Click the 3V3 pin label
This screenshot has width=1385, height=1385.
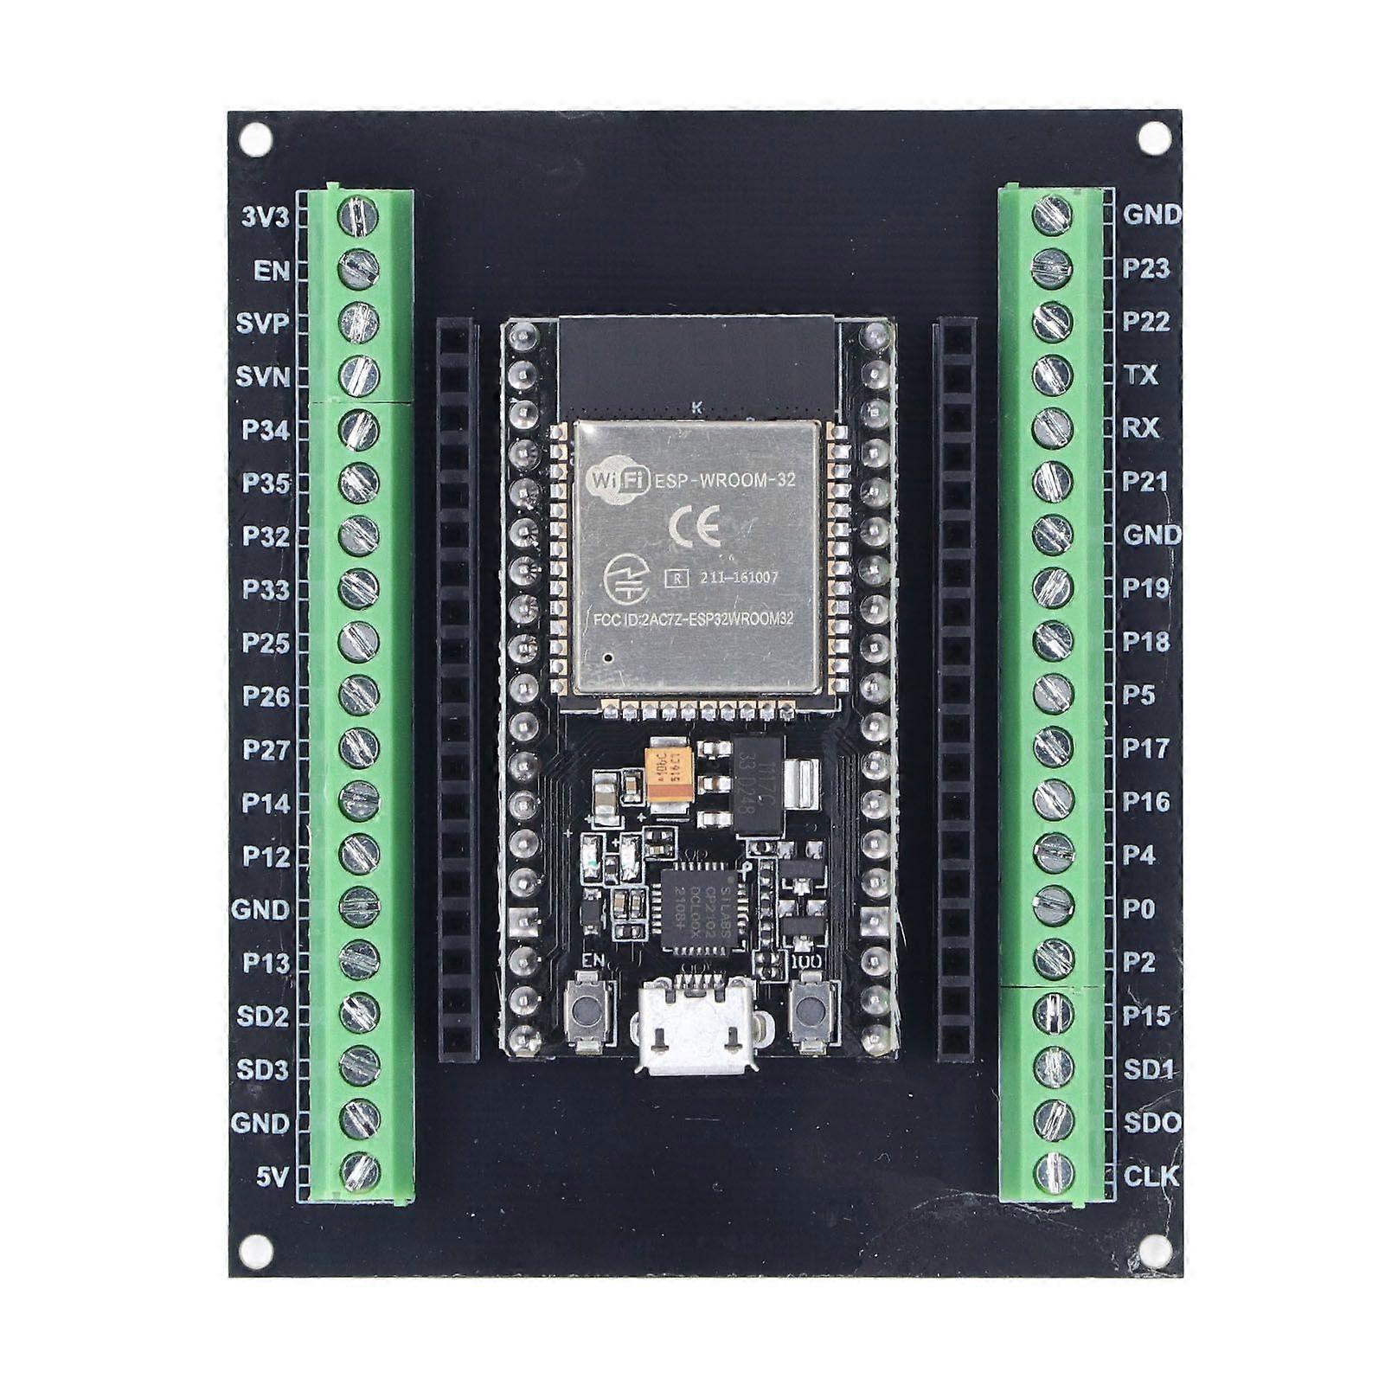coord(265,216)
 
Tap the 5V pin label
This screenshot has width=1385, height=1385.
coord(272,1177)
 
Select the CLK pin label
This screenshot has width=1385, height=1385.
coord(1151,1177)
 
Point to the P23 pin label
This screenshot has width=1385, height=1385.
coord(1145,269)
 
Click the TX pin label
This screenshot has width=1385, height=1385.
coord(1140,375)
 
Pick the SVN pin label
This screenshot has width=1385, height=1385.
coord(263,376)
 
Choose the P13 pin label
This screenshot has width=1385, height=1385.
coord(266,963)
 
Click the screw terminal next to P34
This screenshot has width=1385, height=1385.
coord(358,429)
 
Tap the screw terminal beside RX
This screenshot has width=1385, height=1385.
coord(1052,428)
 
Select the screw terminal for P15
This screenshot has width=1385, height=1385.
coord(1053,1014)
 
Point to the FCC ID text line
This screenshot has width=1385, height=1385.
coord(693,619)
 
